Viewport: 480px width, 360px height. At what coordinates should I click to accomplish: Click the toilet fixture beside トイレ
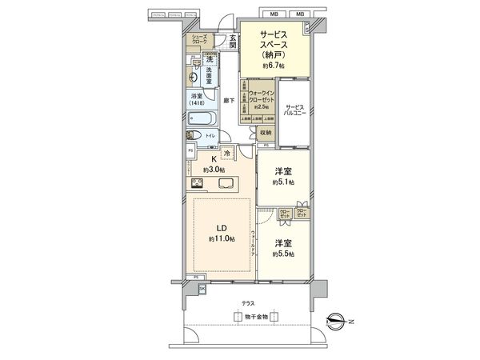(x=194, y=137)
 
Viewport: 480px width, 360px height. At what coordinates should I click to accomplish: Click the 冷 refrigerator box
(x=226, y=153)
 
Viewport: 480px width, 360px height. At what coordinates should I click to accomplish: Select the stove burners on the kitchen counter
(x=198, y=183)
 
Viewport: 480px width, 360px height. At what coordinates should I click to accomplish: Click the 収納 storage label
(x=265, y=133)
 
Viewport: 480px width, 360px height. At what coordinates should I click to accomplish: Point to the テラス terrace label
(x=250, y=303)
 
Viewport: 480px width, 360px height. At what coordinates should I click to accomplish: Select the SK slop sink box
(x=202, y=289)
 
